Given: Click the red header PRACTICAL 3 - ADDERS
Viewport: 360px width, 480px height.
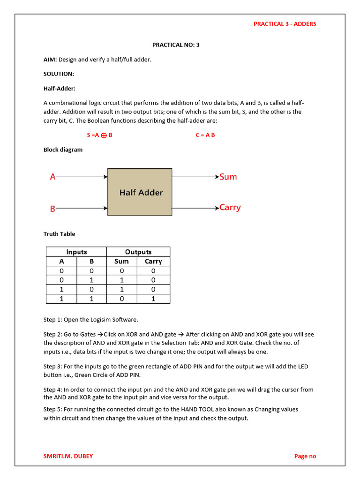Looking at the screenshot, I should coord(285,24).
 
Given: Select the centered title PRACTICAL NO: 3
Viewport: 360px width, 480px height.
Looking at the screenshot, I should coord(176,45).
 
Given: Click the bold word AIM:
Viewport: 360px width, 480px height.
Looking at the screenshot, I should coord(50,60).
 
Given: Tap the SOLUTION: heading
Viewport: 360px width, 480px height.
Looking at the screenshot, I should coord(59,74).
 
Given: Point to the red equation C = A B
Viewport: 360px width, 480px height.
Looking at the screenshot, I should coord(205,135).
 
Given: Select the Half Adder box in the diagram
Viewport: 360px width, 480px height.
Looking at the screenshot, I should coord(140,192).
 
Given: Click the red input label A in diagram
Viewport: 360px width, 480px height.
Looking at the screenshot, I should coord(52,177).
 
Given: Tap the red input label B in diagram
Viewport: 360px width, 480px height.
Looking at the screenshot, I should coord(52,209).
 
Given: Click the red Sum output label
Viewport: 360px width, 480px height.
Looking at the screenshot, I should coord(228,177).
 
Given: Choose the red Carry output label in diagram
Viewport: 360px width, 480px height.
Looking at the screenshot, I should coord(230,208).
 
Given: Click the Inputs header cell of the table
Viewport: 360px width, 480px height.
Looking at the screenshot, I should coord(76,252).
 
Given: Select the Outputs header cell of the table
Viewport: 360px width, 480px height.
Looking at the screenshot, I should coord(138,252).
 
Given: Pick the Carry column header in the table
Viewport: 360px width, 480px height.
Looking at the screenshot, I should coord(153,262).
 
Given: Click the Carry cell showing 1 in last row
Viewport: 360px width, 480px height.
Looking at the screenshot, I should coord(153,299).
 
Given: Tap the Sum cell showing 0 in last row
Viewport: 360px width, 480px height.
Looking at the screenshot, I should coord(121,299).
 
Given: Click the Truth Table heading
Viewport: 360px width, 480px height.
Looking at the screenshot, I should coord(59,234).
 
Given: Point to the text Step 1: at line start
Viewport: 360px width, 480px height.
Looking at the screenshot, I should coord(52,320).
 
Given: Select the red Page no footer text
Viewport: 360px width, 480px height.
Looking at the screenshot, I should coord(305,456).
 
